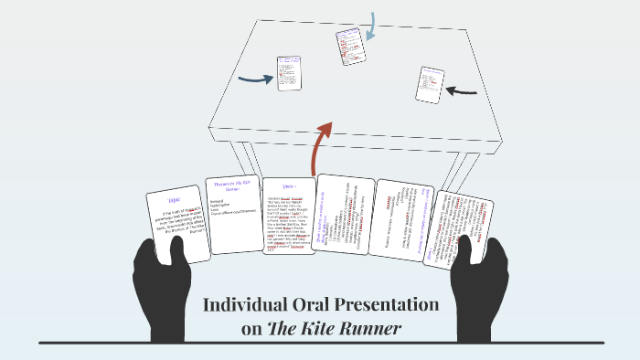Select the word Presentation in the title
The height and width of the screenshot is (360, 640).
392,305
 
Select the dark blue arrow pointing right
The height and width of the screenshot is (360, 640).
255,79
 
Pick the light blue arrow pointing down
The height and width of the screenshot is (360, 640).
371,25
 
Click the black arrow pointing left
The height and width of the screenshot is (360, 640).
462,90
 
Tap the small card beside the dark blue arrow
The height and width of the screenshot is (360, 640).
289,73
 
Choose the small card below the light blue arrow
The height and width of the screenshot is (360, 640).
351,47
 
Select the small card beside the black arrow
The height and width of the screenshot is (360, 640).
430,84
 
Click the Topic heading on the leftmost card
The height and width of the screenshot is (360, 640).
175,200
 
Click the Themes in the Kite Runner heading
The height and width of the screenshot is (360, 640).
231,185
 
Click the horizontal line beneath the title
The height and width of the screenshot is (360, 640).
320,343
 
